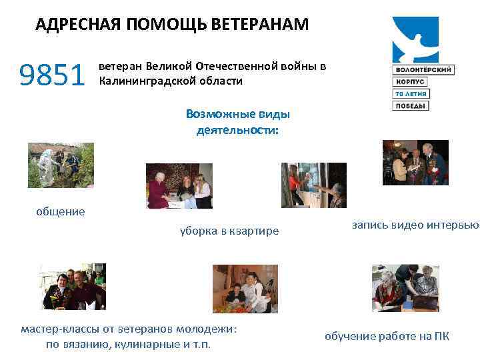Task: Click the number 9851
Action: pyautogui.click(x=53, y=75)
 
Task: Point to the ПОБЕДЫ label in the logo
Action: pyautogui.click(x=410, y=105)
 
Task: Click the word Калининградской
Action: pyautogui.click(x=141, y=81)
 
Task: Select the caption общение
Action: pyautogui.click(x=61, y=211)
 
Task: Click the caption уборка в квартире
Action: pyautogui.click(x=229, y=231)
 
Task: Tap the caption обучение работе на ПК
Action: pyautogui.click(x=387, y=336)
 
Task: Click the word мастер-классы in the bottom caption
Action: pyautogui.click(x=56, y=329)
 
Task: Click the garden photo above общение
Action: pyautogui.click(x=61, y=166)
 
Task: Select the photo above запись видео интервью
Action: pyautogui.click(x=415, y=162)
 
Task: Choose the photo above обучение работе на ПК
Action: pyautogui.click(x=405, y=288)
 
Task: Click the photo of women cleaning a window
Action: pyautogui.click(x=313, y=185)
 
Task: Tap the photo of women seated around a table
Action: pyautogui.click(x=179, y=186)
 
